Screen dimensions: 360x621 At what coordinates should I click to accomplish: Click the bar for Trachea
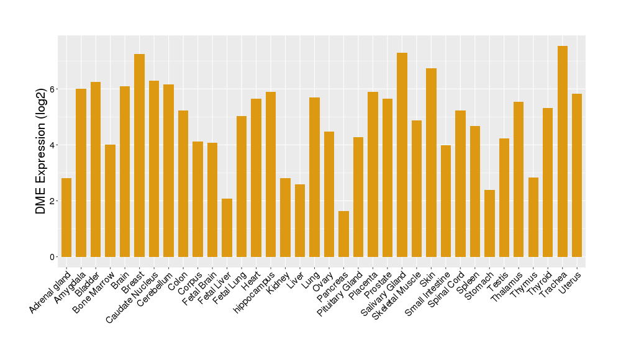563,151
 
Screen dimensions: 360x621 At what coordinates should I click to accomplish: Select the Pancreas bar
343,234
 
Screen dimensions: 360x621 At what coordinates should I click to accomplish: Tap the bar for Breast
140,155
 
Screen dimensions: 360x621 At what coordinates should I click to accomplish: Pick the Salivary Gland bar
402,155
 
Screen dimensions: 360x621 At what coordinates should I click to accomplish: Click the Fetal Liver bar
227,228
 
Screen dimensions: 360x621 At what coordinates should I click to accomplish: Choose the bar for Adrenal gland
66,217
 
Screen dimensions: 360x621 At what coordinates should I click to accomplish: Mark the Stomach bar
489,223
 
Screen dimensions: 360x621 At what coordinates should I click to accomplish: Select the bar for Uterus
577,175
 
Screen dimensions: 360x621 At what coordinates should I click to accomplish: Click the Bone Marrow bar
111,200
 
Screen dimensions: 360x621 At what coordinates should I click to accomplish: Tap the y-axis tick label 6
53,89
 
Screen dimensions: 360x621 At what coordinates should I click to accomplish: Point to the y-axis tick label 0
53,257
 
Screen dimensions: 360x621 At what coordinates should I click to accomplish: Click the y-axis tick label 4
53,145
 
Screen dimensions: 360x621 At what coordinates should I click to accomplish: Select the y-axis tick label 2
53,201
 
